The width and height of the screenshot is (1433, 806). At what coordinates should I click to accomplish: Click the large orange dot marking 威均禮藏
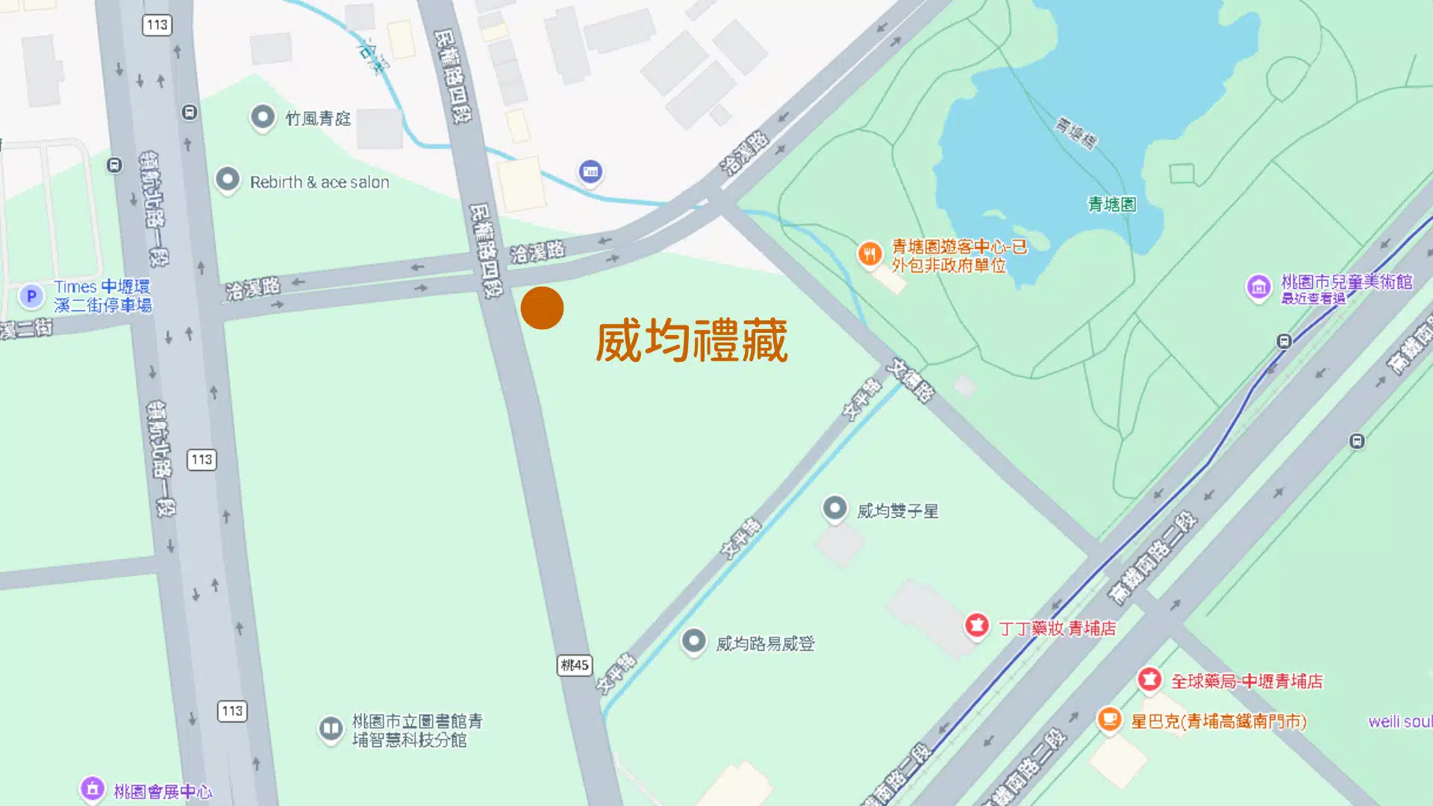pyautogui.click(x=542, y=307)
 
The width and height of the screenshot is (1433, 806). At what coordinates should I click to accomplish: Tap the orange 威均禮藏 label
pyautogui.click(x=691, y=341)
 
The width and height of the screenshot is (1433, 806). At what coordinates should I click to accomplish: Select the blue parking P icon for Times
pyautogui.click(x=31, y=296)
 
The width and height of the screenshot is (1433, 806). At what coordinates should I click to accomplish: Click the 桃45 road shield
pyautogui.click(x=574, y=665)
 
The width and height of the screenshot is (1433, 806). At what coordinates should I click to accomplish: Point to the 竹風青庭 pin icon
pyautogui.click(x=262, y=116)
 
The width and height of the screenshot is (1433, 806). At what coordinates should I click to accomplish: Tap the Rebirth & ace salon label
pyautogui.click(x=319, y=182)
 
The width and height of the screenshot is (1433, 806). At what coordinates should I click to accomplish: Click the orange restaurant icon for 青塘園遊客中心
pyautogui.click(x=870, y=254)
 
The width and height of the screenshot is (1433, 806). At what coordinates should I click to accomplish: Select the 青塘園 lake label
pyautogui.click(x=1111, y=204)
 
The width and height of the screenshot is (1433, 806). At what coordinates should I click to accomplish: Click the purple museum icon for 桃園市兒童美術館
pyautogui.click(x=1258, y=287)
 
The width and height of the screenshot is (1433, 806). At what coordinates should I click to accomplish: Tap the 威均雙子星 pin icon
pyautogui.click(x=834, y=509)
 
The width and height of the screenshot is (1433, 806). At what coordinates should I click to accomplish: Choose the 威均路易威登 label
pyautogui.click(x=765, y=643)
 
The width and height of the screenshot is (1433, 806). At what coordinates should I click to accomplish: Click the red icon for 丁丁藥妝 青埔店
pyautogui.click(x=977, y=625)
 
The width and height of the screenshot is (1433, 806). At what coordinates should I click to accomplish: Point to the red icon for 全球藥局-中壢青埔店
pyautogui.click(x=1149, y=679)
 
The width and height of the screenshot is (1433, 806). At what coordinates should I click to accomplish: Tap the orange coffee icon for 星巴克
pyautogui.click(x=1109, y=719)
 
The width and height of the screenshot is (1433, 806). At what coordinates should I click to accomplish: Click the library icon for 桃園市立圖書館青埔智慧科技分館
pyautogui.click(x=331, y=728)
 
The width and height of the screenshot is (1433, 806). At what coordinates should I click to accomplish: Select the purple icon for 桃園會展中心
pyautogui.click(x=93, y=788)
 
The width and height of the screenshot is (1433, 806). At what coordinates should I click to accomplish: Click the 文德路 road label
pyautogui.click(x=911, y=380)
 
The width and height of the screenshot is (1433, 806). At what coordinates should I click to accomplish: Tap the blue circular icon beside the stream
pyautogui.click(x=590, y=172)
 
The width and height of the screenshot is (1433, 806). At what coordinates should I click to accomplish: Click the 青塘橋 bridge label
pyautogui.click(x=1075, y=133)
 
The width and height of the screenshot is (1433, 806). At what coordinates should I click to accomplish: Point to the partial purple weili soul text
pyautogui.click(x=1399, y=722)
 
